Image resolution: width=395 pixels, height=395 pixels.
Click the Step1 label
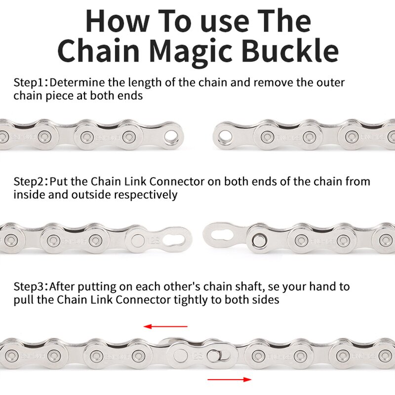click(x=30, y=82)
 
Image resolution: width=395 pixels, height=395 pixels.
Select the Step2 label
click(x=30, y=182)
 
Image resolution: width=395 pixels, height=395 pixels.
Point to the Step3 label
click(x=30, y=286)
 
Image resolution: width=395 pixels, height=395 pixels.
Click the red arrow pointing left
click(x=165, y=326)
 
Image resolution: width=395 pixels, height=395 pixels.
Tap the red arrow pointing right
click(x=230, y=379)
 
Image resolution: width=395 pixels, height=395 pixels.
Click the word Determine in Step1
click(x=77, y=82)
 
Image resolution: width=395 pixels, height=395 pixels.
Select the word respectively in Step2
click(x=146, y=195)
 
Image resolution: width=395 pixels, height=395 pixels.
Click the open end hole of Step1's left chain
click(x=171, y=137)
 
